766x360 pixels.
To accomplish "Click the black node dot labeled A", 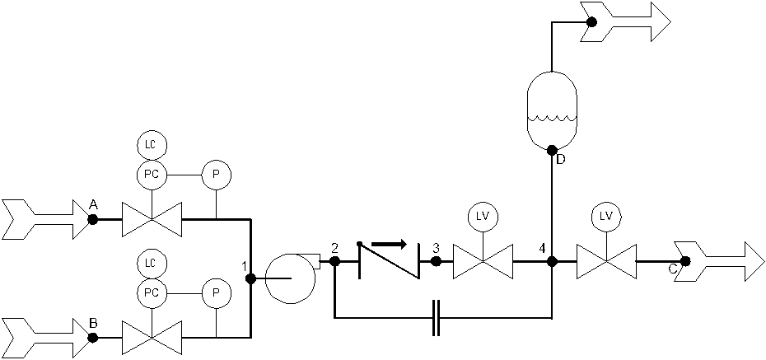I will [93, 219].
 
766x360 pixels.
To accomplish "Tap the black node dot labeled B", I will [93, 337].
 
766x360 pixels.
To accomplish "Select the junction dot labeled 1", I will [250, 278].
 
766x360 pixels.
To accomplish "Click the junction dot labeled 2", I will [334, 261].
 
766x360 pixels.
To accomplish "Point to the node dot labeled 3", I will [437, 261].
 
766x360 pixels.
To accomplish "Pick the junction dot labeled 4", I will [552, 261].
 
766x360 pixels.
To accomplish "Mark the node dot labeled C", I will [684, 261].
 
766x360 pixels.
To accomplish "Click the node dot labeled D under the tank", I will [552, 150].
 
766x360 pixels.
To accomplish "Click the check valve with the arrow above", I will [390, 260].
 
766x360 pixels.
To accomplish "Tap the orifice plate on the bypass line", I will [437, 316].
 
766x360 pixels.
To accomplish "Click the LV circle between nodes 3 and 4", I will [483, 217].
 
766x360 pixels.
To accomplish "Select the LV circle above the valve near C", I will [606, 217].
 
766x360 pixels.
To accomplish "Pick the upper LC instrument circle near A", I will [152, 145].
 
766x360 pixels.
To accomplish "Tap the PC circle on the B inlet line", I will [152, 292].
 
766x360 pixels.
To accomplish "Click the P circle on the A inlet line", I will [217, 175].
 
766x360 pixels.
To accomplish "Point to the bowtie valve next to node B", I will [152, 337].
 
